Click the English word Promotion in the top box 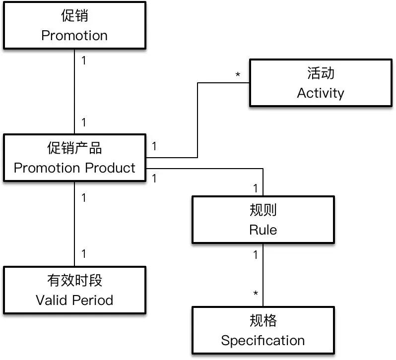click(74, 36)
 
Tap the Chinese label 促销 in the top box click(74, 16)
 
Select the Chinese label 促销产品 click(74, 148)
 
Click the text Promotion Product click(74, 168)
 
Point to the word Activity click(320, 93)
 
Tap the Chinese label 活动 click(320, 73)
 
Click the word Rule click(263, 230)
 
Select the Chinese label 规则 click(263, 210)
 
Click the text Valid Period click(74, 300)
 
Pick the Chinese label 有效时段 click(74, 280)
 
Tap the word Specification click(263, 341)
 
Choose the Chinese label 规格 click(263, 321)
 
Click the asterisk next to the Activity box click(238, 75)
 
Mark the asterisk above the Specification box click(256, 294)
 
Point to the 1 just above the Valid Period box click(84, 254)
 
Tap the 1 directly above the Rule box click(256, 188)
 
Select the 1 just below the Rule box click(256, 255)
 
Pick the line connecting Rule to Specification click(263, 275)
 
